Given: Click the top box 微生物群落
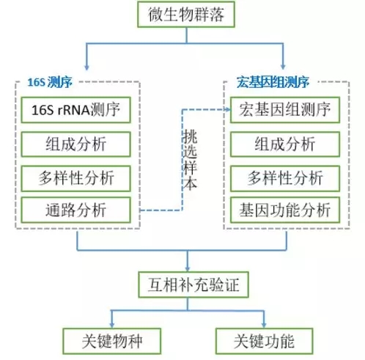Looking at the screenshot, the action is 186,14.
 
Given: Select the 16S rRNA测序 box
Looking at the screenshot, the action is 75,110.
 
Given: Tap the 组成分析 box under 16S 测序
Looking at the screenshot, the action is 75,144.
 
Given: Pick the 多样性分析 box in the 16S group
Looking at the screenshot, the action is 75,178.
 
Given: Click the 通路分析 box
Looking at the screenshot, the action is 75,210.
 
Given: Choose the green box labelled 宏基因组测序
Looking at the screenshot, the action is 285,110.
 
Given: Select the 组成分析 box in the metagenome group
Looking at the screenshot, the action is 285,144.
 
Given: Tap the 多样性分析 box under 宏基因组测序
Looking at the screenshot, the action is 285,178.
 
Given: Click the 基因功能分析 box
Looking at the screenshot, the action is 285,210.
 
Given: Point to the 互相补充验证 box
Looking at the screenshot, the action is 193,284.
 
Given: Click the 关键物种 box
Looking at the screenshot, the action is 112,341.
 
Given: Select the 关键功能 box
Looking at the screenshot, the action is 264,341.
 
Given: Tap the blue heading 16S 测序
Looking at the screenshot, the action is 50,82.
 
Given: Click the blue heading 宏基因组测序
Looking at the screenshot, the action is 273,82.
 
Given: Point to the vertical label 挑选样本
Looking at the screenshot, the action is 190,159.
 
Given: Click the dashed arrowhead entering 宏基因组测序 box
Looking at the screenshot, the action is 228,110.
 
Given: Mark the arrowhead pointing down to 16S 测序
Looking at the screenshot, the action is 86,67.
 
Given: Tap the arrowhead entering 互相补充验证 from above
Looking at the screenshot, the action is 188,268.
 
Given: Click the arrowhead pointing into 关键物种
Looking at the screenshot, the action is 112,325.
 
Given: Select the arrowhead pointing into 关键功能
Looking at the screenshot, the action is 264,325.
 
